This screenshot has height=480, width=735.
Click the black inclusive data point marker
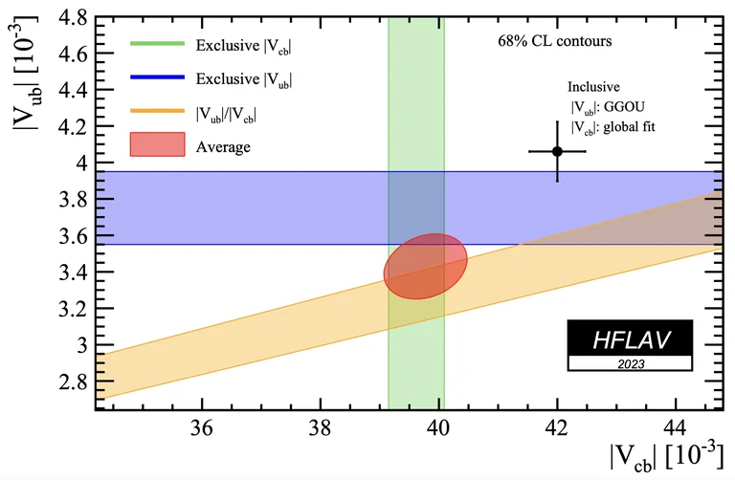pyautogui.click(x=557, y=151)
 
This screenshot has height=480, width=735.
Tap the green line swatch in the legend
pyautogui.click(x=157, y=44)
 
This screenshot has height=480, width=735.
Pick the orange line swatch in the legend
pyautogui.click(x=157, y=113)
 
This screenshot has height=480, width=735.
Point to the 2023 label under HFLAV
pyautogui.click(x=630, y=363)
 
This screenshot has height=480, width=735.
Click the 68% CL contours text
pyautogui.click(x=554, y=42)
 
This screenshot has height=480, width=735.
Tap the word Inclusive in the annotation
pyautogui.click(x=593, y=86)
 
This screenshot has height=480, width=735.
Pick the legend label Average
pyautogui.click(x=223, y=147)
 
